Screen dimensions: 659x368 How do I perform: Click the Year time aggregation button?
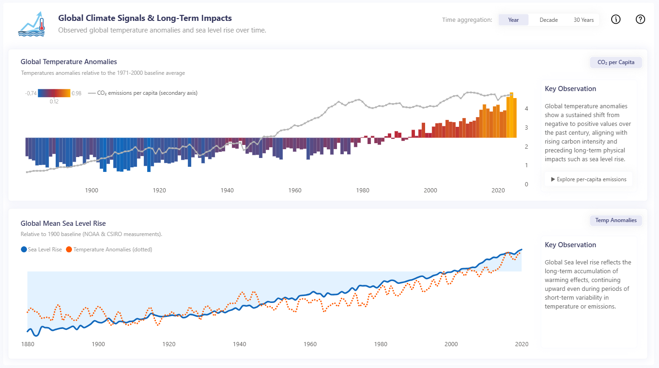coord(513,20)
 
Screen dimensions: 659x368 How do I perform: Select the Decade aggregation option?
coord(549,20)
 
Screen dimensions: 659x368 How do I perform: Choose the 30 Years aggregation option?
coord(584,20)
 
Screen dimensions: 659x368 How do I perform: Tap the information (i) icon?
coord(616,20)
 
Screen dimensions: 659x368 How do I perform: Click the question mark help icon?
coord(640,20)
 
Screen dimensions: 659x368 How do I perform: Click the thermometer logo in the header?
coord(32,24)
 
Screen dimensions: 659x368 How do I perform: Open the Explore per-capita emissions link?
coord(588,179)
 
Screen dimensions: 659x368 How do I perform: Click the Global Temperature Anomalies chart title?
coord(69,62)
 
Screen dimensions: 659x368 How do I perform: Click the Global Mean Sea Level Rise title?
coord(63,223)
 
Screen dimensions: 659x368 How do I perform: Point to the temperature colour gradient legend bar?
coord(54,93)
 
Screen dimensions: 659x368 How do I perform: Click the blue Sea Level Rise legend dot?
coord(24,250)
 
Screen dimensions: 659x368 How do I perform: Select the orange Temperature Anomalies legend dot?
coord(69,250)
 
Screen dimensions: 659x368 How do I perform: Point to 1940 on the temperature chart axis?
coord(227,191)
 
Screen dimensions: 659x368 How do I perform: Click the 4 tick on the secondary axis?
coord(526,109)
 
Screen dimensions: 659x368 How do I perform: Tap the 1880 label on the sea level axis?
coord(28,344)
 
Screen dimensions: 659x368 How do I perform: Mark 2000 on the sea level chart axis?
coord(451,344)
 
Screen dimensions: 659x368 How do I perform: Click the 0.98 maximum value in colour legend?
coord(77,93)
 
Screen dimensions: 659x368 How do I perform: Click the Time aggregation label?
coord(467,20)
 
